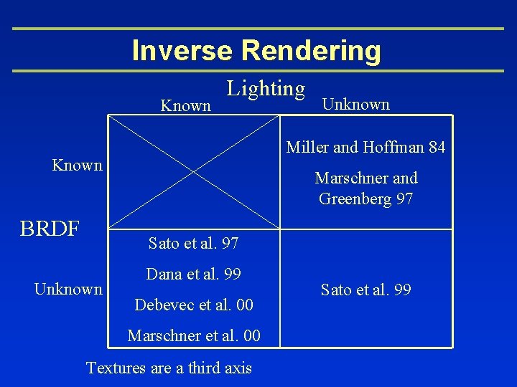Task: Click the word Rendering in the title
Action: click(311, 51)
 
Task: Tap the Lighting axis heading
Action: click(266, 89)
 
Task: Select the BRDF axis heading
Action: click(49, 228)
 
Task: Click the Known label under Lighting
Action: click(185, 106)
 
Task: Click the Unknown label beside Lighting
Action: click(355, 105)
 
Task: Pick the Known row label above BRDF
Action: click(78, 166)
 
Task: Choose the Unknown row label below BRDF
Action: click(68, 290)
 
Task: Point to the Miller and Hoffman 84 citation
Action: click(365, 148)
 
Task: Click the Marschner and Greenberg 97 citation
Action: click(365, 188)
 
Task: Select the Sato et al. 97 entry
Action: click(193, 244)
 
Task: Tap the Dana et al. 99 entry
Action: click(193, 274)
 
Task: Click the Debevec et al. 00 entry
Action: click(194, 305)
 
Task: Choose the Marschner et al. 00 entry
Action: click(194, 335)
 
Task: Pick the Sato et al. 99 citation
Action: click(365, 290)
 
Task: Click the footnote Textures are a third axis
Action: click(169, 368)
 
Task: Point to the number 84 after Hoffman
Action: click(437, 148)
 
